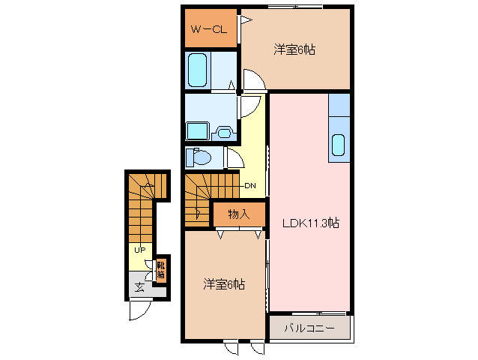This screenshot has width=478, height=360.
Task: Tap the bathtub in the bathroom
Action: (x=199, y=69)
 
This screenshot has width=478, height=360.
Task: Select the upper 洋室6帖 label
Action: (x=294, y=49)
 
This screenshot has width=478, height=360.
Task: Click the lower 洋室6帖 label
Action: (x=224, y=284)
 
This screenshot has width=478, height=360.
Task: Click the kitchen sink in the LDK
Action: (x=339, y=143)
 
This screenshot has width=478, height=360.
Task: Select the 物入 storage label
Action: (x=238, y=214)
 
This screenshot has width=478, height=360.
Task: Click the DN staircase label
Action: (x=251, y=186)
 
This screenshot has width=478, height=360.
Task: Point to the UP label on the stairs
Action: (x=139, y=250)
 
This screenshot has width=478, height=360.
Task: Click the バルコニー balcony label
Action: (x=309, y=328)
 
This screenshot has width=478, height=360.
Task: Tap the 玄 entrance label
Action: (x=139, y=286)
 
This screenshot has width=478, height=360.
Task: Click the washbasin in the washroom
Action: (x=224, y=133)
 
